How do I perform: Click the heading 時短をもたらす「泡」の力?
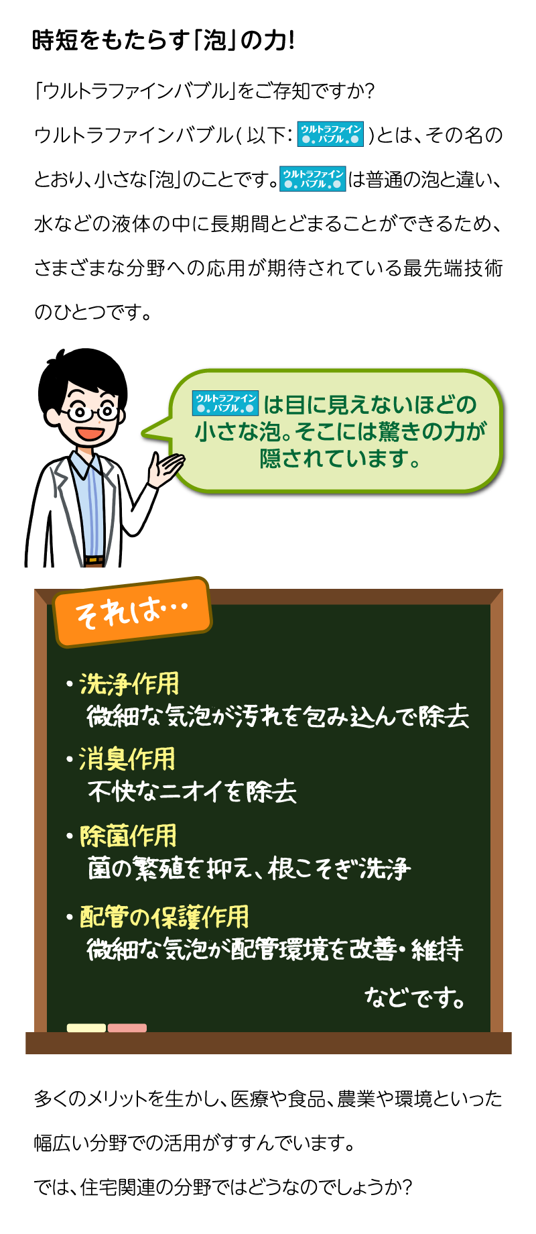(163, 41)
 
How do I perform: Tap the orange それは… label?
(133, 612)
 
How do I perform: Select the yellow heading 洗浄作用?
(129, 684)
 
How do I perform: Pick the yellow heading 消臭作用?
(127, 759)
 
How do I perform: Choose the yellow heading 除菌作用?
(128, 836)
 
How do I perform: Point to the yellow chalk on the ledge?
(86, 1027)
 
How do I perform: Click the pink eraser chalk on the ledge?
(127, 1027)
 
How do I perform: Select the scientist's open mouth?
(87, 433)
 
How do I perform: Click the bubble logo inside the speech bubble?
(225, 403)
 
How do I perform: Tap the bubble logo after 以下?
(331, 134)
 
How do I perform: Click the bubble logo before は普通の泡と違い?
(312, 179)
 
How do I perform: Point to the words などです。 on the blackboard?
(415, 998)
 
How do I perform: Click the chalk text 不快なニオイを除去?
(192, 791)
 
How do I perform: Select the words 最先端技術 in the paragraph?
(453, 268)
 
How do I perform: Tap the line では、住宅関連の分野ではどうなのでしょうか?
(222, 1187)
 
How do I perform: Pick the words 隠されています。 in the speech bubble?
(340, 459)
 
